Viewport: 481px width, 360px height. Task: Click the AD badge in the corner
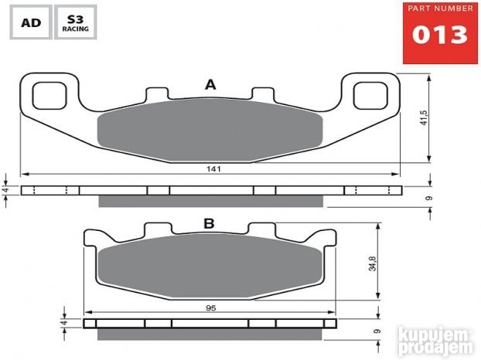[x=31, y=22]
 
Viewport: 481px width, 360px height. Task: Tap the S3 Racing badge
[x=76, y=22]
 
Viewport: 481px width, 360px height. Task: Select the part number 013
[x=440, y=35]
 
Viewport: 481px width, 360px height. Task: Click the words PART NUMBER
[x=440, y=8]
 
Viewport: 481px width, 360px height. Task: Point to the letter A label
[x=210, y=84]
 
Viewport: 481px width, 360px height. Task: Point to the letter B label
[x=210, y=224]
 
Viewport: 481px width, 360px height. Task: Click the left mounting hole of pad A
[x=49, y=96]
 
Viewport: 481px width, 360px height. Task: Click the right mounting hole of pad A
[x=370, y=96]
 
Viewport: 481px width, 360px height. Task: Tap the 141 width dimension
[x=213, y=169]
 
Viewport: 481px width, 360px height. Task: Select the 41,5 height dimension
[x=424, y=117]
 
